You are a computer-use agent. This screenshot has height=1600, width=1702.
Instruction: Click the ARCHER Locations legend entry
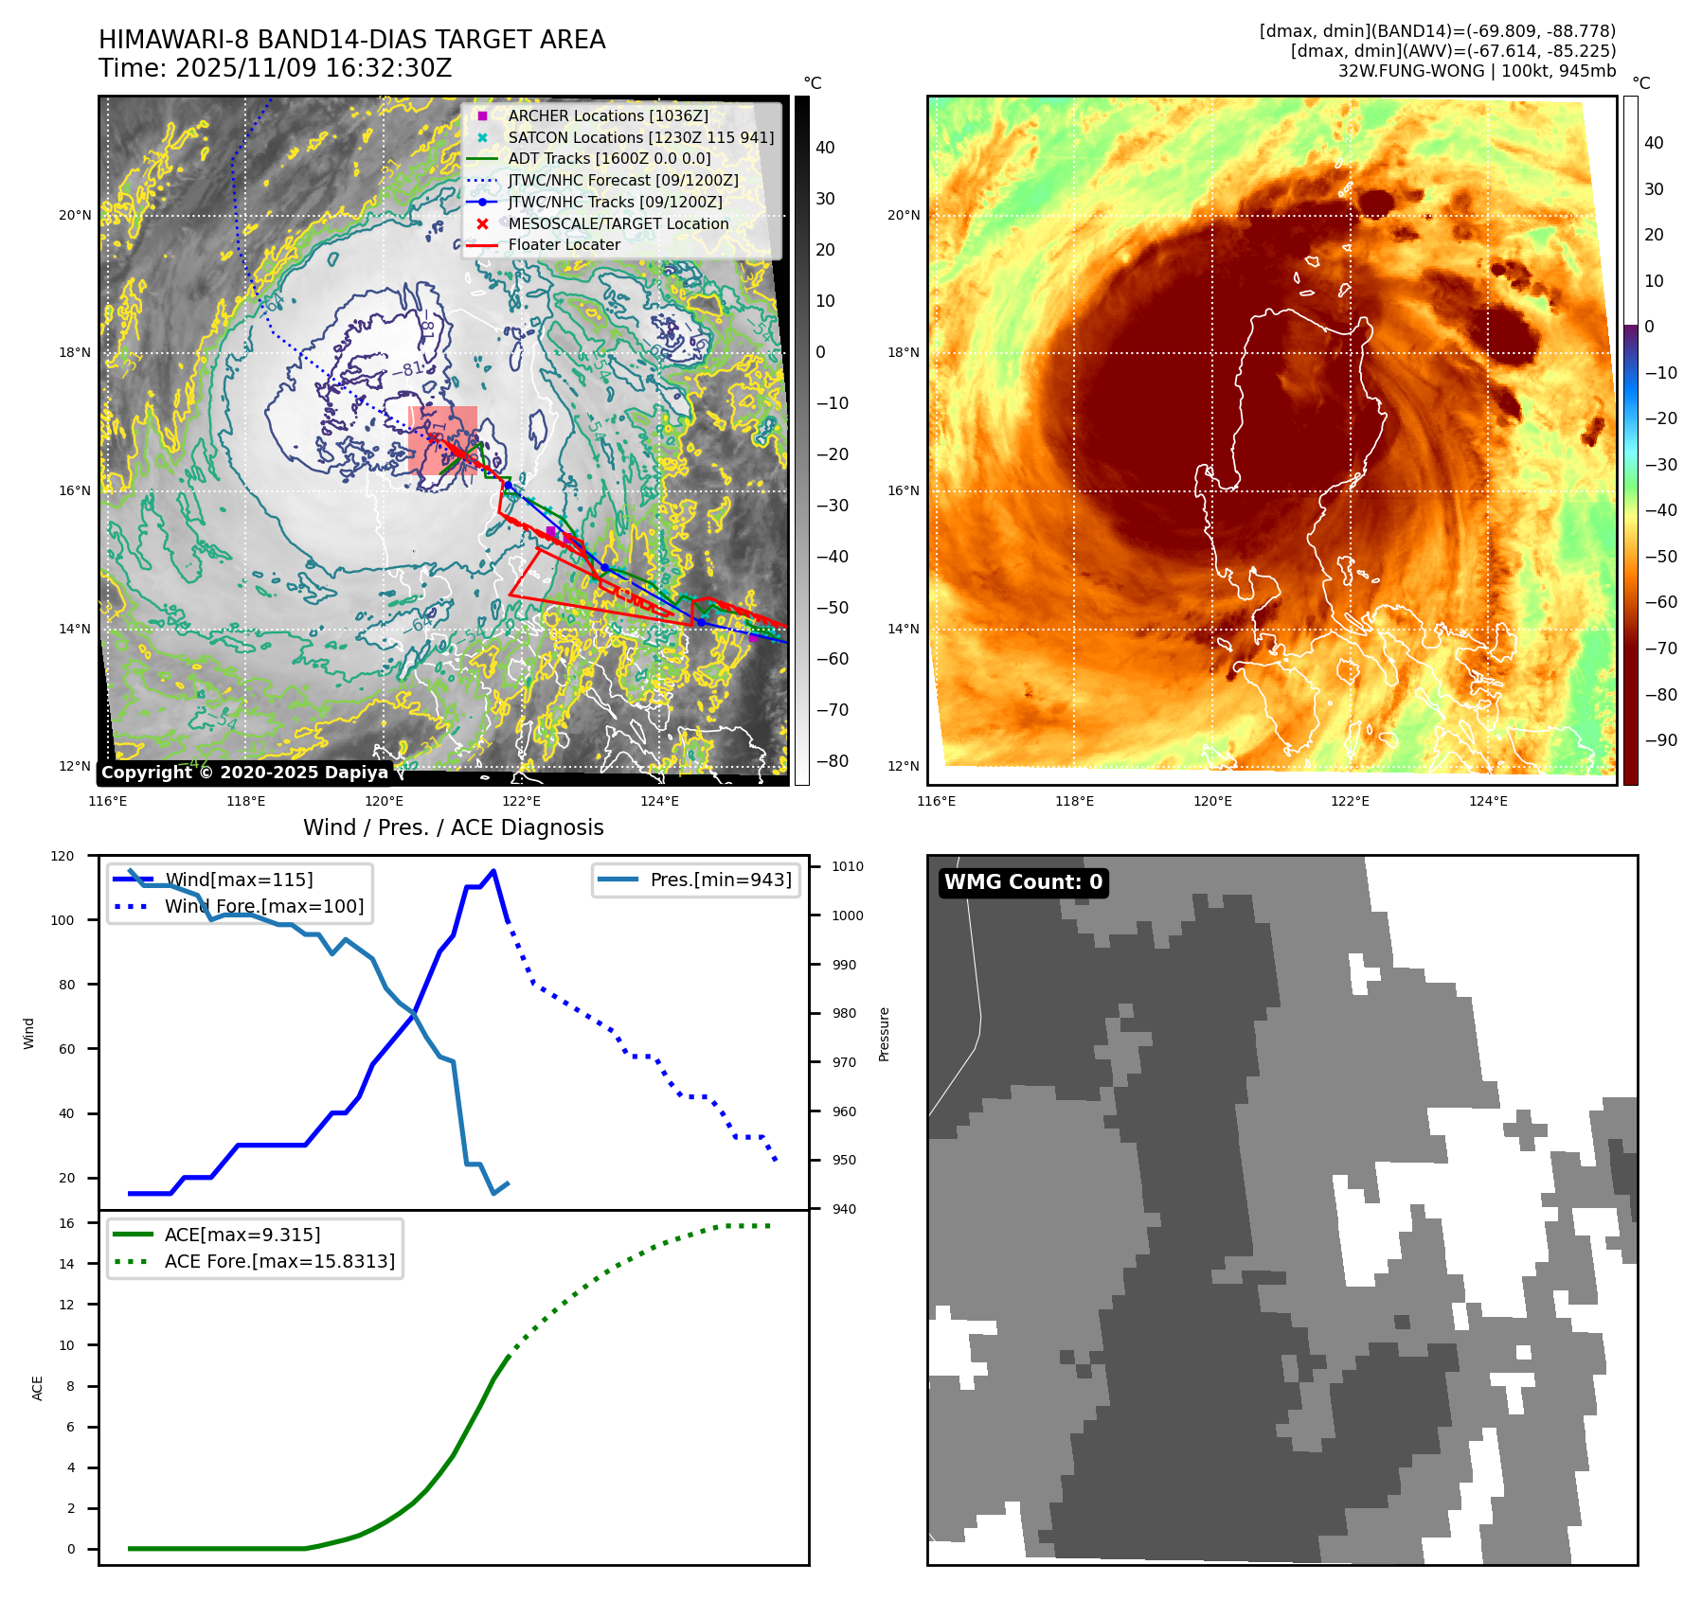coord(607,116)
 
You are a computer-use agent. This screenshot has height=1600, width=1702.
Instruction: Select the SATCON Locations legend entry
coord(640,137)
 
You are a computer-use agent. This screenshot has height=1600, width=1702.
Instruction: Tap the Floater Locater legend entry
coord(564,244)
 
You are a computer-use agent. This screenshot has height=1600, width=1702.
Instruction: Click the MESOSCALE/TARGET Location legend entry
coord(618,223)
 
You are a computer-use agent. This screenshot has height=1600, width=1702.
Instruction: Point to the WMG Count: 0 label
coord(1023,882)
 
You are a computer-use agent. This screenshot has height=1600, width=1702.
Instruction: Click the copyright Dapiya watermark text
coord(244,773)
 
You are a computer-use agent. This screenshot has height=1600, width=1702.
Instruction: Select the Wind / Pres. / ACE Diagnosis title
coord(453,827)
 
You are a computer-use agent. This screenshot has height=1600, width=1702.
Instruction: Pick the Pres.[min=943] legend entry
coord(720,880)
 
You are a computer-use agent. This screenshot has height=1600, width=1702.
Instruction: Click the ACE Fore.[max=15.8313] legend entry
coord(279,1261)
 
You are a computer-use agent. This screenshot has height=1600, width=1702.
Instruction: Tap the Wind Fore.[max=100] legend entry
coord(263,906)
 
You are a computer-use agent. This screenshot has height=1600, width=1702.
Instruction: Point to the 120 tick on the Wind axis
coord(63,856)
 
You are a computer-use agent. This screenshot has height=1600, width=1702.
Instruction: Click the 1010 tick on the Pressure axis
coord(848,866)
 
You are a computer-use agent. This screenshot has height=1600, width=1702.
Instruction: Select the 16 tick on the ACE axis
coord(66,1223)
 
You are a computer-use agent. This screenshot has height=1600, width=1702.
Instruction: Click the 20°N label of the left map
coord(75,215)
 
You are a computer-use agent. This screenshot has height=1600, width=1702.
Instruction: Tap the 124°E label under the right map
coord(1488,801)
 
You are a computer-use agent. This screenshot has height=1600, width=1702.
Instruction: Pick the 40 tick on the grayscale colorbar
coord(825,147)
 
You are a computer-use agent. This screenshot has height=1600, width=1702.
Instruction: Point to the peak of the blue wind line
coord(493,870)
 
